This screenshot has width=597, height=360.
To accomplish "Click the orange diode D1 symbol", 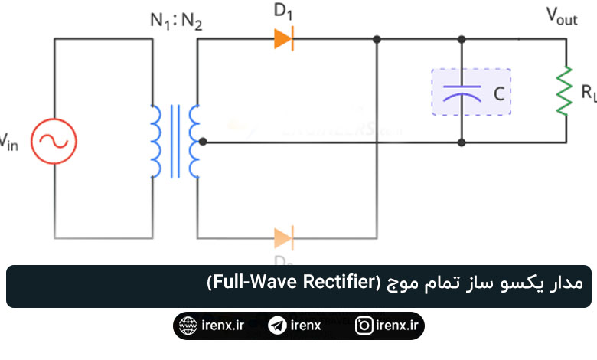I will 284,38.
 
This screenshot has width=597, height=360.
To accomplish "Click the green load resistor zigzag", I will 565,91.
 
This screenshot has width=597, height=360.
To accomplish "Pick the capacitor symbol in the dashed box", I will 462,92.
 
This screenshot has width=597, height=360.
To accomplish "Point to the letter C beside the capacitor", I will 498,94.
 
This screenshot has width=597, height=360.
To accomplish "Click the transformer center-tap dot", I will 203,142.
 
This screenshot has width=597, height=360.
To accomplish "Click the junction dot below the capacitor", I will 462,142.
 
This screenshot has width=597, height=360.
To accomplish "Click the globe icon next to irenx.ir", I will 186,326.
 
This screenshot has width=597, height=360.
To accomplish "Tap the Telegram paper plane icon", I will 277,326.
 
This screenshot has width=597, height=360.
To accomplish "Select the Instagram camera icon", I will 365,326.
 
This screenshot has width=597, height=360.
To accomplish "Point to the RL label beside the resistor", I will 588,93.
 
